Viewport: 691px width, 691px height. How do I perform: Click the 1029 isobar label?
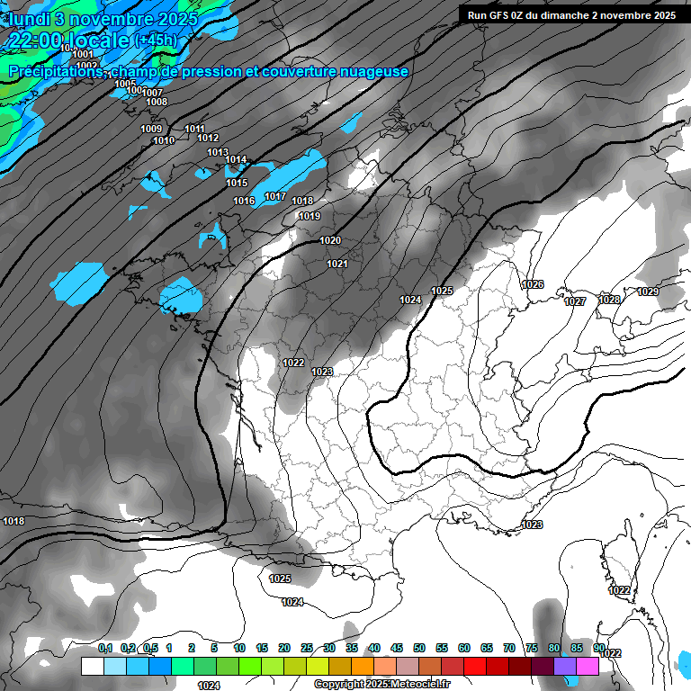click(x=648, y=292)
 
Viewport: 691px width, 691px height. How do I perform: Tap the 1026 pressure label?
click(x=533, y=284)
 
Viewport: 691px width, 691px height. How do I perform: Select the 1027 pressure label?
click(x=575, y=301)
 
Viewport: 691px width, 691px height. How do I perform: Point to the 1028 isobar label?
click(x=609, y=300)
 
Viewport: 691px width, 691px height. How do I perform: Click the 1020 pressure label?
click(x=330, y=240)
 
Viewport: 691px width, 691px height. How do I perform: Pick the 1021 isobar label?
click(x=337, y=264)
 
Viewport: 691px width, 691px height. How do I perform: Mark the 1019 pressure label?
click(x=310, y=216)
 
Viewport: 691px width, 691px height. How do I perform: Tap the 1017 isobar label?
click(x=275, y=197)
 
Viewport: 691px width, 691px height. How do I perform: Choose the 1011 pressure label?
click(x=194, y=129)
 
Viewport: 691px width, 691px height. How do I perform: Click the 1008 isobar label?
click(x=157, y=102)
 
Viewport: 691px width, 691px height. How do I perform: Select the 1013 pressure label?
click(x=217, y=153)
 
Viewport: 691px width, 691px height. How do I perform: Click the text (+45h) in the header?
click(x=156, y=40)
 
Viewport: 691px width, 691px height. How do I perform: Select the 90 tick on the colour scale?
click(x=599, y=648)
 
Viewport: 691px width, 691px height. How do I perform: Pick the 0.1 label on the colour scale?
click(x=105, y=648)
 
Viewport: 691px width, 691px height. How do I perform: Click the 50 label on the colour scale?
click(x=419, y=648)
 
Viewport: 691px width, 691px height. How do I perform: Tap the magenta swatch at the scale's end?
click(x=588, y=666)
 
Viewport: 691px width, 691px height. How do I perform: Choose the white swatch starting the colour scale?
click(x=92, y=666)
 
